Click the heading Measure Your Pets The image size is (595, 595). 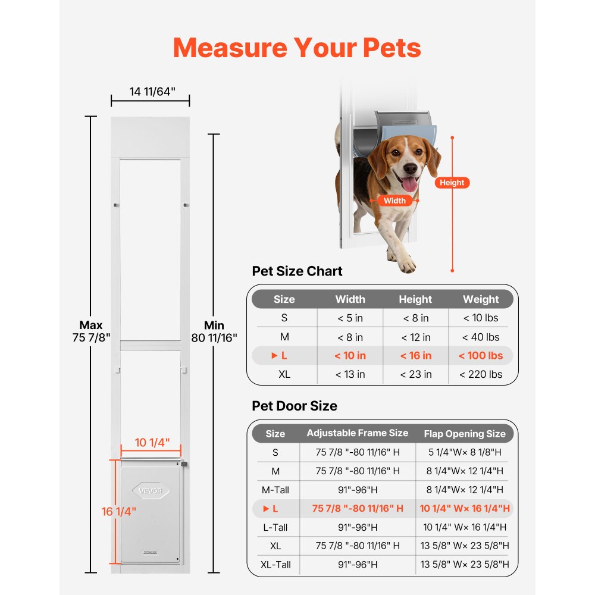click(297, 48)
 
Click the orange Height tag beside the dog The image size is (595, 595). click(452, 183)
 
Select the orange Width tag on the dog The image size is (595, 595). click(394, 201)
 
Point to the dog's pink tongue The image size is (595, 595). click(409, 184)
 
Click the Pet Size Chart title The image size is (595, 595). click(297, 271)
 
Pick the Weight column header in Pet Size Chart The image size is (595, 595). click(481, 299)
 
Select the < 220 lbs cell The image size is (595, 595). click(481, 374)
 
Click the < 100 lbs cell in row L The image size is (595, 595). click(481, 356)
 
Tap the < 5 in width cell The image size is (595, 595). click(350, 318)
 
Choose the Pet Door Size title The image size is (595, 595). click(295, 406)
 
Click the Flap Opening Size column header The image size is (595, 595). click(465, 434)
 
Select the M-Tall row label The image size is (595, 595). click(275, 490)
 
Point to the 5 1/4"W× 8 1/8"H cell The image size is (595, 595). click(465, 453)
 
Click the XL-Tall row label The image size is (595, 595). click(275, 565)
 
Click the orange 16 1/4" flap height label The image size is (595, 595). click(119, 511)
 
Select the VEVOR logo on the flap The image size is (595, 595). click(151, 491)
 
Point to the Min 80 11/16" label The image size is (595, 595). click(214, 331)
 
